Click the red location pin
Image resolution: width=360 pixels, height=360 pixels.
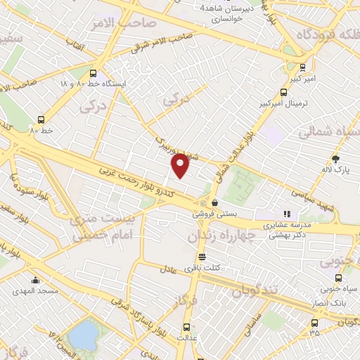(181, 166)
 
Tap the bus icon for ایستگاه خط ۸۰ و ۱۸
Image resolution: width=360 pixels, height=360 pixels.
(94, 72)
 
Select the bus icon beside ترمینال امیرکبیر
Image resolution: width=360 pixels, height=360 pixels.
(284, 91)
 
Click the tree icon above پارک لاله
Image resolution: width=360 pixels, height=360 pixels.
(336, 159)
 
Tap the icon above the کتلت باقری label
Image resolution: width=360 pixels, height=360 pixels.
(202, 257)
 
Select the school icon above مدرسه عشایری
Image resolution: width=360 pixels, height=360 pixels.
(286, 214)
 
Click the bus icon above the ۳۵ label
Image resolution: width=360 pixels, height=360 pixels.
(314, 323)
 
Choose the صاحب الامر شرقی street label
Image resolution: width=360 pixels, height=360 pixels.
(162, 43)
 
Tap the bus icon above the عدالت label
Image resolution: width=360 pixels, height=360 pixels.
(186, 327)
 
